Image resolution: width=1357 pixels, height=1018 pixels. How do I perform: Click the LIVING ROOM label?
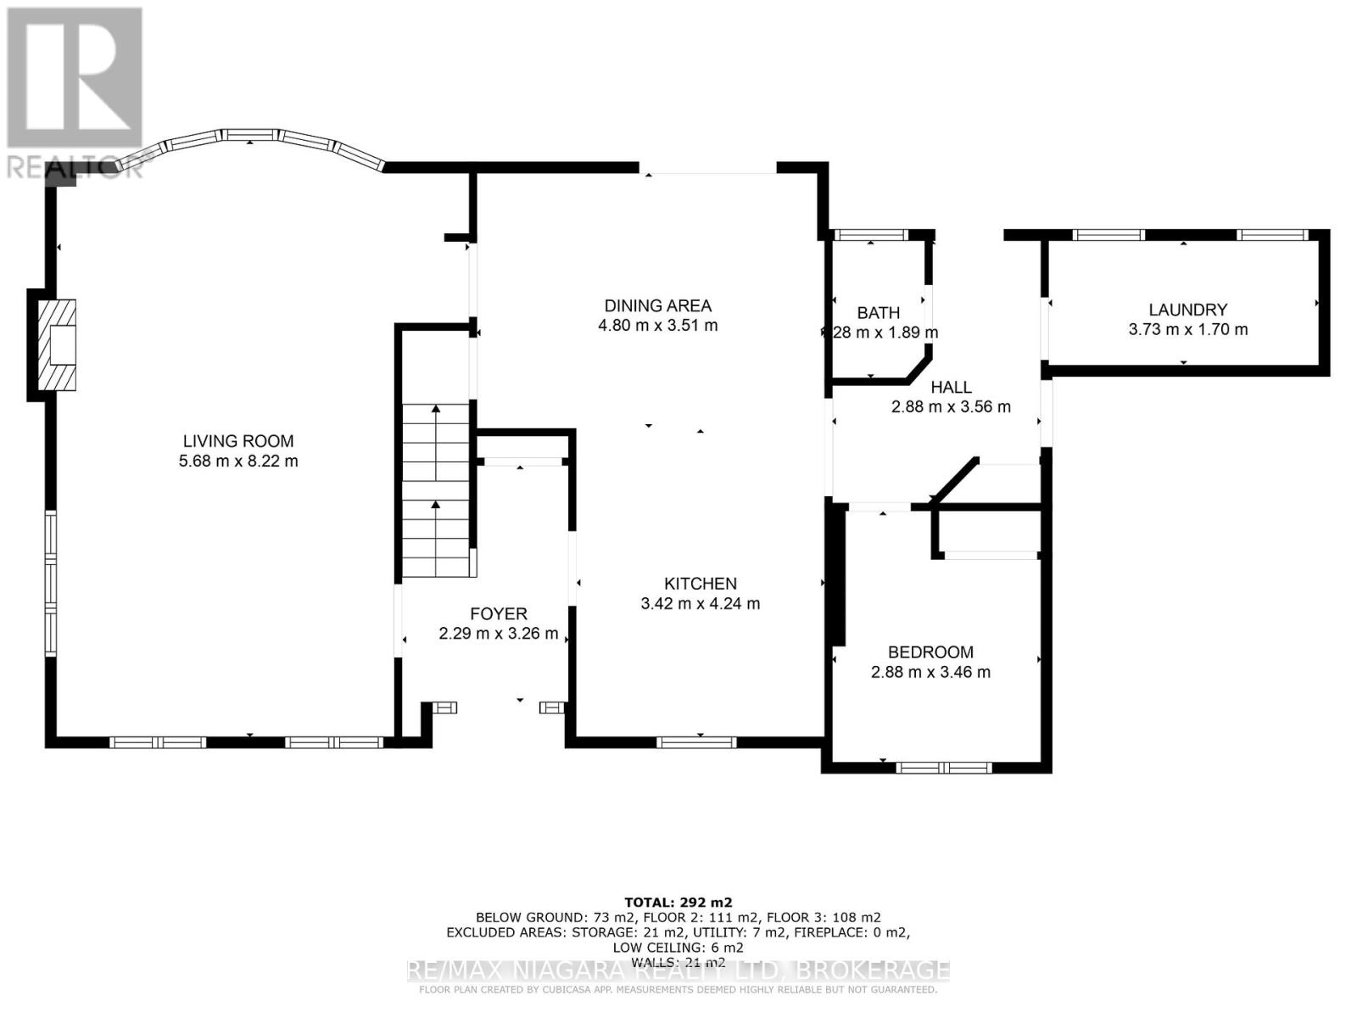click(238, 441)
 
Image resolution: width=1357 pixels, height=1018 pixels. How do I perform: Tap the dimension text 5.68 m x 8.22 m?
click(238, 461)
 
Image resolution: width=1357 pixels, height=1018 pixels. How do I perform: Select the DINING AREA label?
click(657, 305)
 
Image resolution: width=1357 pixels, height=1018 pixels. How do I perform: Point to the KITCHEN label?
click(700, 584)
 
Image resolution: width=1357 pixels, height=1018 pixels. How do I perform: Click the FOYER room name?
click(499, 613)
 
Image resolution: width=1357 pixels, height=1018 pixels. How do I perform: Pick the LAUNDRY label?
click(1187, 310)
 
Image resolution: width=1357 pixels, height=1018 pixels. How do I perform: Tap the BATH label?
click(878, 313)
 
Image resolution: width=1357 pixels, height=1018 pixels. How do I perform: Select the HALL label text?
click(951, 387)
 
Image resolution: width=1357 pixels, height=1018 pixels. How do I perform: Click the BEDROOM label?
click(930, 652)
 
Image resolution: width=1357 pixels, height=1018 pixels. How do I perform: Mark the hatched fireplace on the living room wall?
click(59, 344)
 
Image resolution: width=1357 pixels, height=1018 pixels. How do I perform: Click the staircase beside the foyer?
click(436, 490)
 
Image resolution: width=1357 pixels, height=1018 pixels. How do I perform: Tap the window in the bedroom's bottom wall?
click(943, 768)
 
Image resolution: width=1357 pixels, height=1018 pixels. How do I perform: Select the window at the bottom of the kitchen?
click(696, 742)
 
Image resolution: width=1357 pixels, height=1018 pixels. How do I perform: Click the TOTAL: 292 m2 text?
click(678, 902)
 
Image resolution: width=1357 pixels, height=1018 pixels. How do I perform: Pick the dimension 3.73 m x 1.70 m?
click(1187, 329)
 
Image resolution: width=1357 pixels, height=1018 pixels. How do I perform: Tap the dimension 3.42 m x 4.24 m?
click(700, 604)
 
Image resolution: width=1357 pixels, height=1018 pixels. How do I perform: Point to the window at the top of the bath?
click(871, 235)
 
